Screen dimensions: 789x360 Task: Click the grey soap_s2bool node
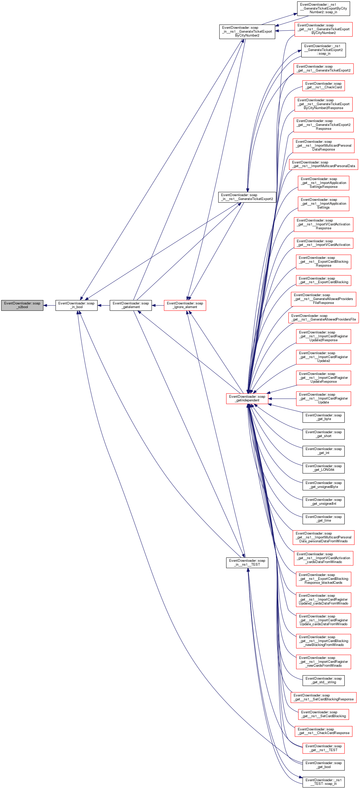pyautogui.click(x=22, y=305)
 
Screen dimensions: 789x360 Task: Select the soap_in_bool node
pyautogui.click(x=76, y=305)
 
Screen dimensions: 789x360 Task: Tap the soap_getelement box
pyautogui.click(x=131, y=305)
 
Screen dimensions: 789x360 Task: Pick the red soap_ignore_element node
pyautogui.click(x=185, y=305)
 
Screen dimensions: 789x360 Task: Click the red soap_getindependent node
pyautogui.click(x=247, y=398)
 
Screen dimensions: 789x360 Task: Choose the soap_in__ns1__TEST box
pyautogui.click(x=247, y=562)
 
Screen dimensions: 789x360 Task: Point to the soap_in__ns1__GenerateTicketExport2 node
pyautogui.click(x=247, y=197)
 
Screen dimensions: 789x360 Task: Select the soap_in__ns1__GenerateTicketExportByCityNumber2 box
pyautogui.click(x=247, y=32)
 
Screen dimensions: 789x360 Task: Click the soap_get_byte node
pyautogui.click(x=323, y=417)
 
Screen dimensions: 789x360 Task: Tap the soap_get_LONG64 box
pyautogui.click(x=323, y=468)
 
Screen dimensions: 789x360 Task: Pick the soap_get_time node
pyautogui.click(x=323, y=518)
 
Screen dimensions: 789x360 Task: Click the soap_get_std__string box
pyautogui.click(x=323, y=680)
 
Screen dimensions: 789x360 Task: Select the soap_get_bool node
pyautogui.click(x=323, y=765)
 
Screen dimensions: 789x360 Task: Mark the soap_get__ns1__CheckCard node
pyautogui.click(x=323, y=86)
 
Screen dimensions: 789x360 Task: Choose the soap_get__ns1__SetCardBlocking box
pyautogui.click(x=323, y=714)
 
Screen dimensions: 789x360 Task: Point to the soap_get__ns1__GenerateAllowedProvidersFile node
pyautogui.click(x=323, y=317)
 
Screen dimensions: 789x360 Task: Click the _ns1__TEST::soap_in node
pyautogui.click(x=323, y=782)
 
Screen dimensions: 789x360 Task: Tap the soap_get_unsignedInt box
pyautogui.click(x=323, y=502)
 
